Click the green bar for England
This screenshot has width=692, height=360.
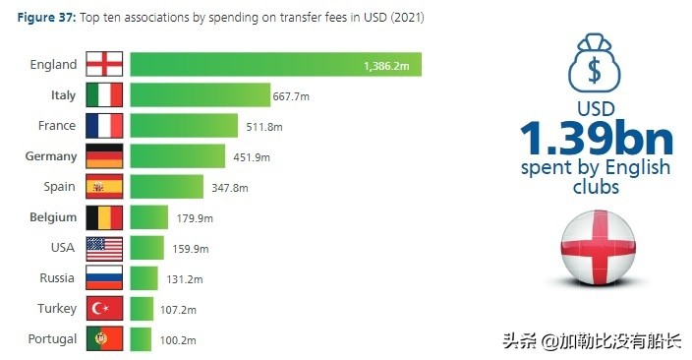tap(275, 65)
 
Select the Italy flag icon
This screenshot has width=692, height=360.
tap(104, 95)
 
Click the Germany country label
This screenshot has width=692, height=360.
tap(50, 156)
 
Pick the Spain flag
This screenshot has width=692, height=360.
tap(104, 187)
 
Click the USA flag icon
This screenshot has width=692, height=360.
tap(104, 248)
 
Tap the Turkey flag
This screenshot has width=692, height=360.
tap(104, 309)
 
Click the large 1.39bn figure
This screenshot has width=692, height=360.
tap(596, 137)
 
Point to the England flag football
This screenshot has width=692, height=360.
tap(596, 246)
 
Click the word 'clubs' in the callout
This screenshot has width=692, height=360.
tap(596, 186)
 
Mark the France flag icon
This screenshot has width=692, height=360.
tap(104, 126)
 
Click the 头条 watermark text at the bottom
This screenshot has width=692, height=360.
tap(520, 341)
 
